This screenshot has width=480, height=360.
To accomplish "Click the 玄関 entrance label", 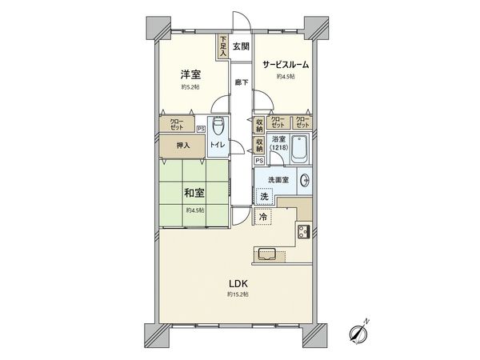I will tap(242, 47).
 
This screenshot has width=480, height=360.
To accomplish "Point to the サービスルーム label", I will tap(286, 64).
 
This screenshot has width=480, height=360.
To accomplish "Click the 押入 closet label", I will tap(183, 145).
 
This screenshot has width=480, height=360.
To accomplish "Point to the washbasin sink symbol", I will tap(304, 181).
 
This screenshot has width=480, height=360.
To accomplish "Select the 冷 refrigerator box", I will tap(263, 217).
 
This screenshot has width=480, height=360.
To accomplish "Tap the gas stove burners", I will tap(304, 233).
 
